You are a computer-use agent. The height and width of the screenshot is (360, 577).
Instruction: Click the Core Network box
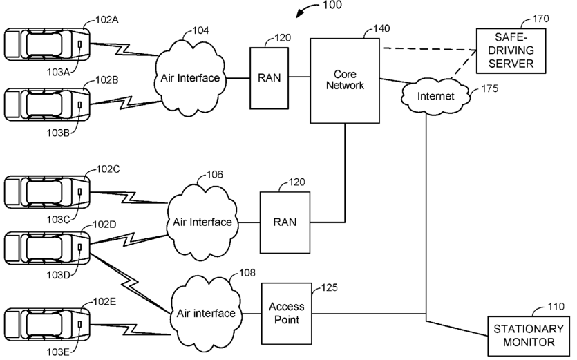[x=345, y=81]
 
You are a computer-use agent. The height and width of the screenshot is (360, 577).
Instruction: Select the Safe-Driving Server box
[x=511, y=51]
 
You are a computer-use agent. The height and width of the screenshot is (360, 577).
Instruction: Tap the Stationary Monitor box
[x=529, y=336]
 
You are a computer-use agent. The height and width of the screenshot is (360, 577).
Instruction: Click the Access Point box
[x=286, y=314]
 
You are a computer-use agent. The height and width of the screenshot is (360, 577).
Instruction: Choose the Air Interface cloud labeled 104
[x=190, y=77]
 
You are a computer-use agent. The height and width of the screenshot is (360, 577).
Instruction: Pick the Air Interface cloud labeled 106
[x=202, y=222]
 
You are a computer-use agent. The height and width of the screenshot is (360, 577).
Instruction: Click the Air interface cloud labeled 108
[x=206, y=313]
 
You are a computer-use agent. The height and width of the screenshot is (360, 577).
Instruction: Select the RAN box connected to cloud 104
[x=269, y=78]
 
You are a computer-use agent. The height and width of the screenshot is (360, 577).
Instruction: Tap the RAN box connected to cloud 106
[x=285, y=222]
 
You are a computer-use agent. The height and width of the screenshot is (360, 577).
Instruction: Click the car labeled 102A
[x=47, y=44]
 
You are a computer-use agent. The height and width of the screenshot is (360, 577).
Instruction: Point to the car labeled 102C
[x=47, y=192]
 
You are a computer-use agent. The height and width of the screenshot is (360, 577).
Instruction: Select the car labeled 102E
[x=47, y=324]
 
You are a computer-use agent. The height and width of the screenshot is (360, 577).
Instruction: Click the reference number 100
[x=332, y=5]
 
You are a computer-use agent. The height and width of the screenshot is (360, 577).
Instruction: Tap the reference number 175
[x=489, y=88]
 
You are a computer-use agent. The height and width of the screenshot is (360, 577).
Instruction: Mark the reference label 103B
[x=58, y=133]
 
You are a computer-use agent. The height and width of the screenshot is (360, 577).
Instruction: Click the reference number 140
[x=381, y=28]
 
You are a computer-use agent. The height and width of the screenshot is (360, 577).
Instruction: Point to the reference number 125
[x=330, y=287]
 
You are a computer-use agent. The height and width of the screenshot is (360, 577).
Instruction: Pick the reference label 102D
[x=104, y=225]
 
